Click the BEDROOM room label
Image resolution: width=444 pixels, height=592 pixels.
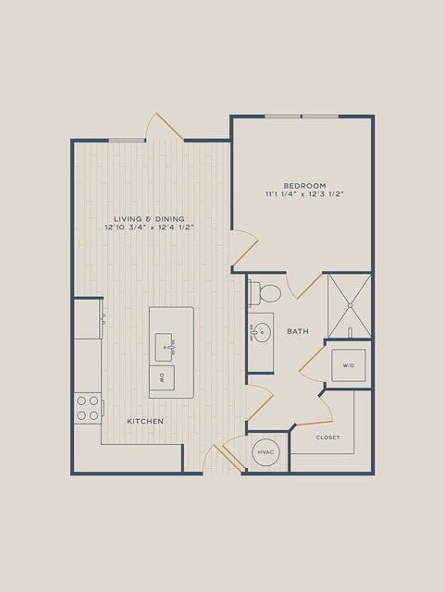(304, 186)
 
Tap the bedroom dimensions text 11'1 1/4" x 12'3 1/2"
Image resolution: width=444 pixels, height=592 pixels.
(304, 194)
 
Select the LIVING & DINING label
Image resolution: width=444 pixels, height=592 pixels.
(149, 219)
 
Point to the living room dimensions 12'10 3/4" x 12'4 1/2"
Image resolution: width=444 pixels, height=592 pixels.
(149, 228)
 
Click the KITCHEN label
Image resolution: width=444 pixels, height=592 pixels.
(145, 422)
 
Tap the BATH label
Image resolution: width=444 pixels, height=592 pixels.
(298, 331)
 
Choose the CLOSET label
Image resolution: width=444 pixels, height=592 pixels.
(327, 438)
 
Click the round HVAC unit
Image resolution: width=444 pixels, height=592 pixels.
(265, 452)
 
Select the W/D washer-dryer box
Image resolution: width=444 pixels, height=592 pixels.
(349, 365)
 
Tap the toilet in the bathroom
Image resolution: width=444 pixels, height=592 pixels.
(265, 293)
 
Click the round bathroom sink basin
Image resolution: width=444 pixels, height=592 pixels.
(263, 333)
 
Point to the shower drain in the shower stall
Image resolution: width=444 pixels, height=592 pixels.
(350, 305)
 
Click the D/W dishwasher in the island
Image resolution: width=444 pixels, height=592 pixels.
(162, 377)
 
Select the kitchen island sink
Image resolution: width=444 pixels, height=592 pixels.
(165, 347)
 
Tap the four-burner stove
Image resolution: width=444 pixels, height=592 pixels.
(88, 408)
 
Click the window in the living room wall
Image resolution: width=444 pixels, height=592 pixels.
(127, 141)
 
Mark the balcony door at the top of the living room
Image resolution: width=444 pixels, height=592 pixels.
(165, 127)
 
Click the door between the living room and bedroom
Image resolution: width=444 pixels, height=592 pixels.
(244, 248)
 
